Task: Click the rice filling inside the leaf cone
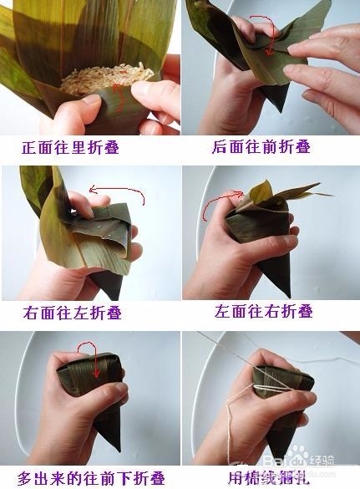(104, 79)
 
